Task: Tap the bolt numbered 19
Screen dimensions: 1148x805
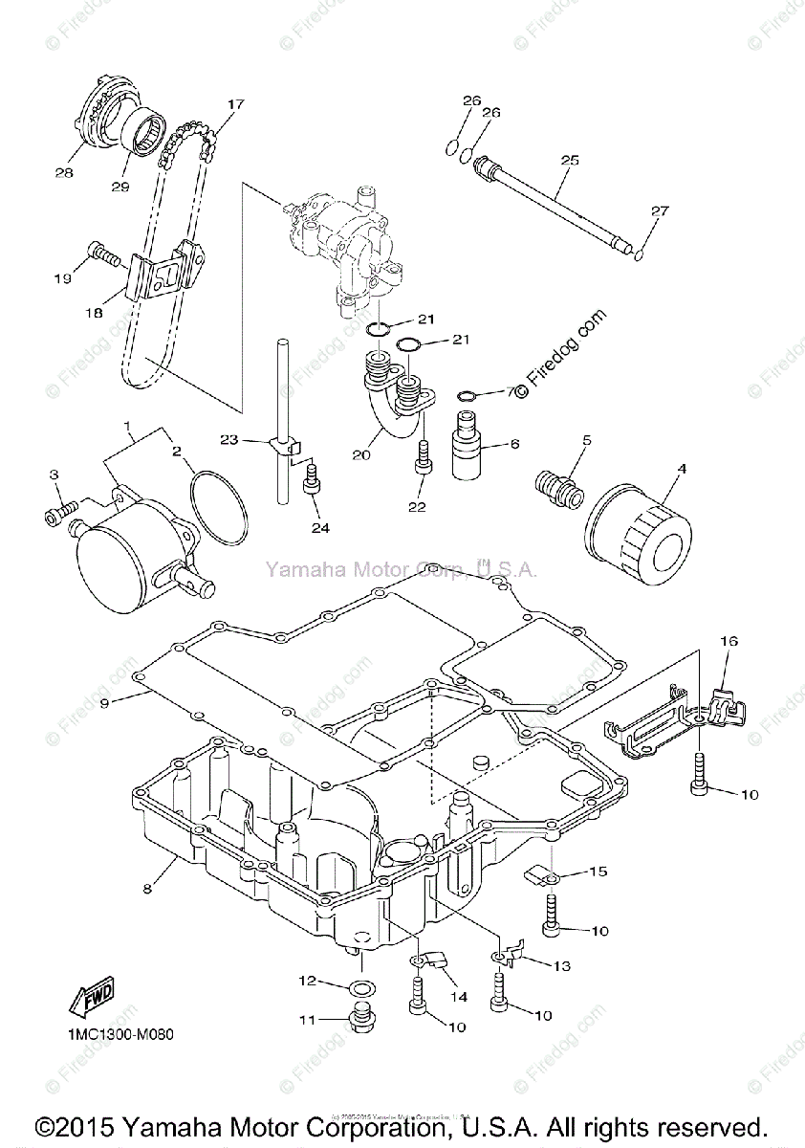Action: (103, 254)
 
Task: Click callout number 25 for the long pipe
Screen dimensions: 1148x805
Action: (569, 161)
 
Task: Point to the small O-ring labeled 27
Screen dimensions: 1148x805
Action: (639, 254)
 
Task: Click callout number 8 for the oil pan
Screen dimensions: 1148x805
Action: (147, 889)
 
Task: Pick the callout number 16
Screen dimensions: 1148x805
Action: (729, 642)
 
